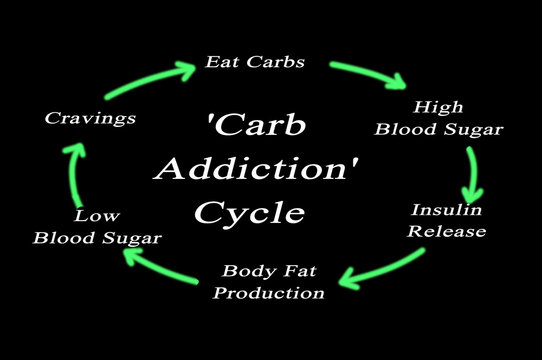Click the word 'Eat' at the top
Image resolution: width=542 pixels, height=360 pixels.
click(221, 61)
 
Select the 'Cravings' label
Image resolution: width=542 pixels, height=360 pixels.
click(90, 118)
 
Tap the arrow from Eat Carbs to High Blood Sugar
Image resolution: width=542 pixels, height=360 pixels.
click(369, 75)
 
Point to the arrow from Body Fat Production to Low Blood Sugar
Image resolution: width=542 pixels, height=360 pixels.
click(160, 264)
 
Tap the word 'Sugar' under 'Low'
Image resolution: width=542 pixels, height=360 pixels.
click(132, 238)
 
